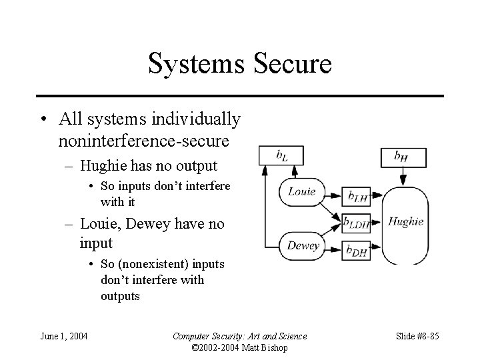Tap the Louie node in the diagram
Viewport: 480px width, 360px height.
(302, 192)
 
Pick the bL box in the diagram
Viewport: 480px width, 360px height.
(281, 157)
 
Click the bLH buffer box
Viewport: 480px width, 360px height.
(358, 195)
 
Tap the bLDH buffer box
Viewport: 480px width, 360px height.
(358, 222)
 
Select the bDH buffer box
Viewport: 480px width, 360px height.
(358, 249)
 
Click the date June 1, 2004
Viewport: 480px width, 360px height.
(64, 335)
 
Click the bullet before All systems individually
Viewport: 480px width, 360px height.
(42, 121)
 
